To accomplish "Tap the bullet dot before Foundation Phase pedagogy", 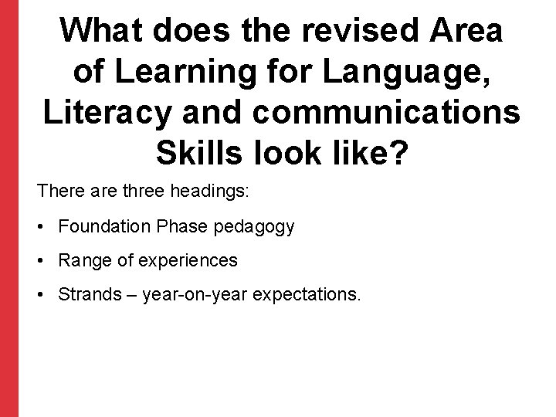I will pyautogui.click(x=41, y=228).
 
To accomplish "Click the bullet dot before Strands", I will pyautogui.click(x=41, y=295).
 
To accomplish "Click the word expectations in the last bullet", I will pyautogui.click(x=309, y=295).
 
